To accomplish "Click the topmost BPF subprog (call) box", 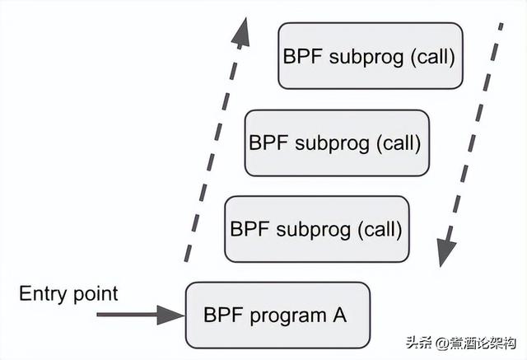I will point(369,56).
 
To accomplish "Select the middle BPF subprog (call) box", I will point(336,142).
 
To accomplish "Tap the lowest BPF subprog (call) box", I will point(316,228).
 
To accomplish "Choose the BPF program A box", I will point(277,315).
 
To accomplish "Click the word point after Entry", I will point(95,295).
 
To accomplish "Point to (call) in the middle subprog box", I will point(398,142).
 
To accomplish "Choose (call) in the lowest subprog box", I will point(377,228).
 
